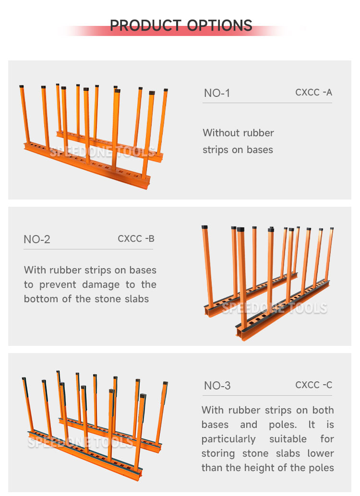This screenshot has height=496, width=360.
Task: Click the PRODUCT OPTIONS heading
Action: pos(181,25)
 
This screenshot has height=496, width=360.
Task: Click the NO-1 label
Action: pos(217,93)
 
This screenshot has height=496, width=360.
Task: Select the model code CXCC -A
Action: pos(313,92)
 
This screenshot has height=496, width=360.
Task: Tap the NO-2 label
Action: pos(37,239)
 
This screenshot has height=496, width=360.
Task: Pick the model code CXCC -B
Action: pos(136,238)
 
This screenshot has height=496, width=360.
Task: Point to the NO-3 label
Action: pos(217,386)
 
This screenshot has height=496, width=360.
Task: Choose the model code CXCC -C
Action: pos(313,385)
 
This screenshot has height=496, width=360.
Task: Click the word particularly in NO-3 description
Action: pos(228,439)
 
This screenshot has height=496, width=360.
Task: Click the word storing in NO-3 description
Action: pos(218,453)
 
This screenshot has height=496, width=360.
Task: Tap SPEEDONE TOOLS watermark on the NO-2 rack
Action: pos(274,308)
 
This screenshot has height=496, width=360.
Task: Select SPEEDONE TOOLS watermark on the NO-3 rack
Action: pos(80,442)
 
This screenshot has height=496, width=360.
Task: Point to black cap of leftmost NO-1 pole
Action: pos(22,87)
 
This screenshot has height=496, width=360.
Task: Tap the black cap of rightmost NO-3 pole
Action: pos(166,383)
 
